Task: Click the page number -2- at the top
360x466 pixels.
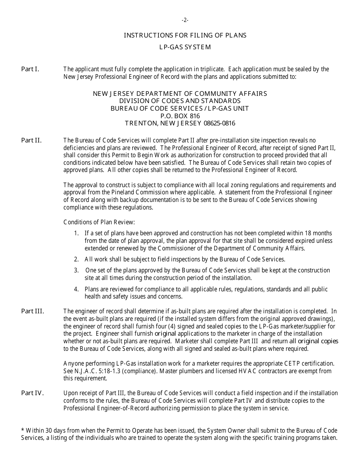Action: tap(185, 20)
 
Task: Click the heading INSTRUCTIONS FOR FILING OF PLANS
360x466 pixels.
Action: tap(185, 35)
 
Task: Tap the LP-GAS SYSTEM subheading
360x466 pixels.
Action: tap(185, 47)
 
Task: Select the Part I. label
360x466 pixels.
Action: tap(30, 69)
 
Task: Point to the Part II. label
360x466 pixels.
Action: tap(31, 141)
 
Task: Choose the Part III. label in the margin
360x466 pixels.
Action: tap(33, 311)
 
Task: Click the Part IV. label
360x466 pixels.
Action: tap(33, 393)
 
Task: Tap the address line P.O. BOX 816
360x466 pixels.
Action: tap(180, 116)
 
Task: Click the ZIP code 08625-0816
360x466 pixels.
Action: tap(219, 124)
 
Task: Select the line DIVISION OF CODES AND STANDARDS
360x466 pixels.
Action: tap(180, 101)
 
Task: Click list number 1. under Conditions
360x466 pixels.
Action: tap(77, 233)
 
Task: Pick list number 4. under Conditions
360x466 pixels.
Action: tap(77, 289)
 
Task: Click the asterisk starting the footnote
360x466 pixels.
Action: tap(23, 430)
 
